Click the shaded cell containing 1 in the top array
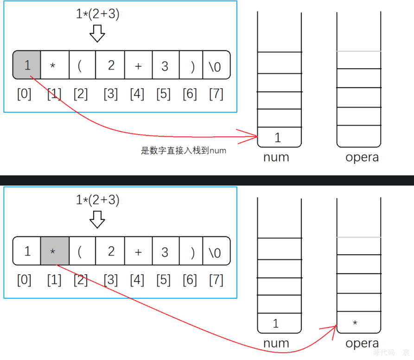[27, 65]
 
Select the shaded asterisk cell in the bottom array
[55, 251]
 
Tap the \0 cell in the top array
[216, 65]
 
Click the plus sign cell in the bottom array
[138, 251]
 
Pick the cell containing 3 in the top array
[165, 65]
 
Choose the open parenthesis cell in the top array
[82, 65]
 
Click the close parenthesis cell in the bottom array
[192, 251]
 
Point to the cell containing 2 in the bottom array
[110, 251]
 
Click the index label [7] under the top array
[216, 94]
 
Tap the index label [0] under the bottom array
[24, 280]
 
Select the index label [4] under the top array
[137, 94]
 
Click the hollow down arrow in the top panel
[97, 33]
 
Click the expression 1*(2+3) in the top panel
[97, 14]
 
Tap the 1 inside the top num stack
[278, 137]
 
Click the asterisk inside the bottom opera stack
[355, 323]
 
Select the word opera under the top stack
[362, 158]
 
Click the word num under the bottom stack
[276, 343]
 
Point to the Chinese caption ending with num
[184, 151]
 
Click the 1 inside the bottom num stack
[276, 323]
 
